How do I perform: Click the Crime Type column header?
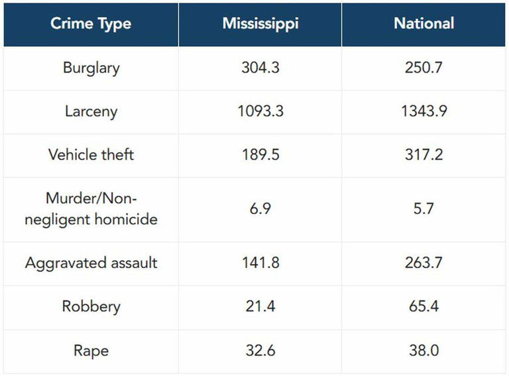pyautogui.click(x=91, y=24)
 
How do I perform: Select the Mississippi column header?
pyautogui.click(x=260, y=24)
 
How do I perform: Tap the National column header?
pyautogui.click(x=424, y=24)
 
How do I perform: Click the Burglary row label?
pyautogui.click(x=91, y=68)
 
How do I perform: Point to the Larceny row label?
pyautogui.click(x=91, y=111)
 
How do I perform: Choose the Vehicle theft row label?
pyautogui.click(x=91, y=155)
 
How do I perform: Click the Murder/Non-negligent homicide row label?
pyautogui.click(x=91, y=209)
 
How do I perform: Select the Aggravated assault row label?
pyautogui.click(x=91, y=263)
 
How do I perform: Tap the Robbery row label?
pyautogui.click(x=91, y=306)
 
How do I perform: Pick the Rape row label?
pyautogui.click(x=91, y=350)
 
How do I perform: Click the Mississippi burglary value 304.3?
pyautogui.click(x=260, y=68)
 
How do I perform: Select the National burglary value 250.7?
pyautogui.click(x=424, y=68)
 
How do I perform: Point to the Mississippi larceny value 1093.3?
pyautogui.click(x=260, y=111)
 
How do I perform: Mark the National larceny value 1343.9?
pyautogui.click(x=424, y=111)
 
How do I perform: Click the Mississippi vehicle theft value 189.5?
pyautogui.click(x=260, y=155)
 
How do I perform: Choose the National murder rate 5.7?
pyautogui.click(x=424, y=209)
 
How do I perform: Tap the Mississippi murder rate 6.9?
pyautogui.click(x=260, y=209)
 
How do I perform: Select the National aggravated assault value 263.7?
pyautogui.click(x=424, y=263)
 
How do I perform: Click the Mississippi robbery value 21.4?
pyautogui.click(x=260, y=306)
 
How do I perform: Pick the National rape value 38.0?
pyautogui.click(x=424, y=350)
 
